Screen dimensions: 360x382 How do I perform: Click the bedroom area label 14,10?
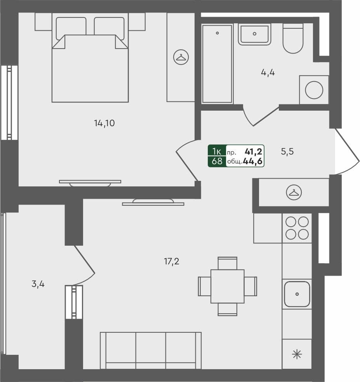click(x=104, y=123)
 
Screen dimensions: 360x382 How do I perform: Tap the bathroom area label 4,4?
click(x=268, y=73)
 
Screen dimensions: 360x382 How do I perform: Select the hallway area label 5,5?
click(x=287, y=151)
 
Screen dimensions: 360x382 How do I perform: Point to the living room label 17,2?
click(x=172, y=262)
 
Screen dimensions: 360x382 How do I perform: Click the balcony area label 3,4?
click(x=38, y=284)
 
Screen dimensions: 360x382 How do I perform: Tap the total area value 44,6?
click(x=252, y=161)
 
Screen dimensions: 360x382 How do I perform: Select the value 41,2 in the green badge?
click(x=254, y=151)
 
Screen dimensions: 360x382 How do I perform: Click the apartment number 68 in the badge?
click(x=217, y=161)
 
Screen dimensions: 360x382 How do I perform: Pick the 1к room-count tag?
click(x=217, y=151)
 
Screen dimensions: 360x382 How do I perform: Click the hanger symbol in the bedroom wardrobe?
click(x=181, y=57)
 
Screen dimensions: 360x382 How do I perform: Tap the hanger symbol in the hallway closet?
click(x=294, y=193)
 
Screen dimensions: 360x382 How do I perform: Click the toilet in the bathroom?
click(x=293, y=38)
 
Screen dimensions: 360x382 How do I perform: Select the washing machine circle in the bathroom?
click(x=314, y=90)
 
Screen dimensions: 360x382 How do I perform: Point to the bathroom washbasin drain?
click(x=254, y=34)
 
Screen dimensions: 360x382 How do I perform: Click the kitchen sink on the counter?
click(x=297, y=294)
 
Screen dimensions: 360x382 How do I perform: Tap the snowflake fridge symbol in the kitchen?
click(x=297, y=354)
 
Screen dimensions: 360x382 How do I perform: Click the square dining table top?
click(x=228, y=286)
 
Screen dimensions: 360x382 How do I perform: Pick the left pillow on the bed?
click(x=71, y=28)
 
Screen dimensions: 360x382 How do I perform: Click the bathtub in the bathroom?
click(x=217, y=64)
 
